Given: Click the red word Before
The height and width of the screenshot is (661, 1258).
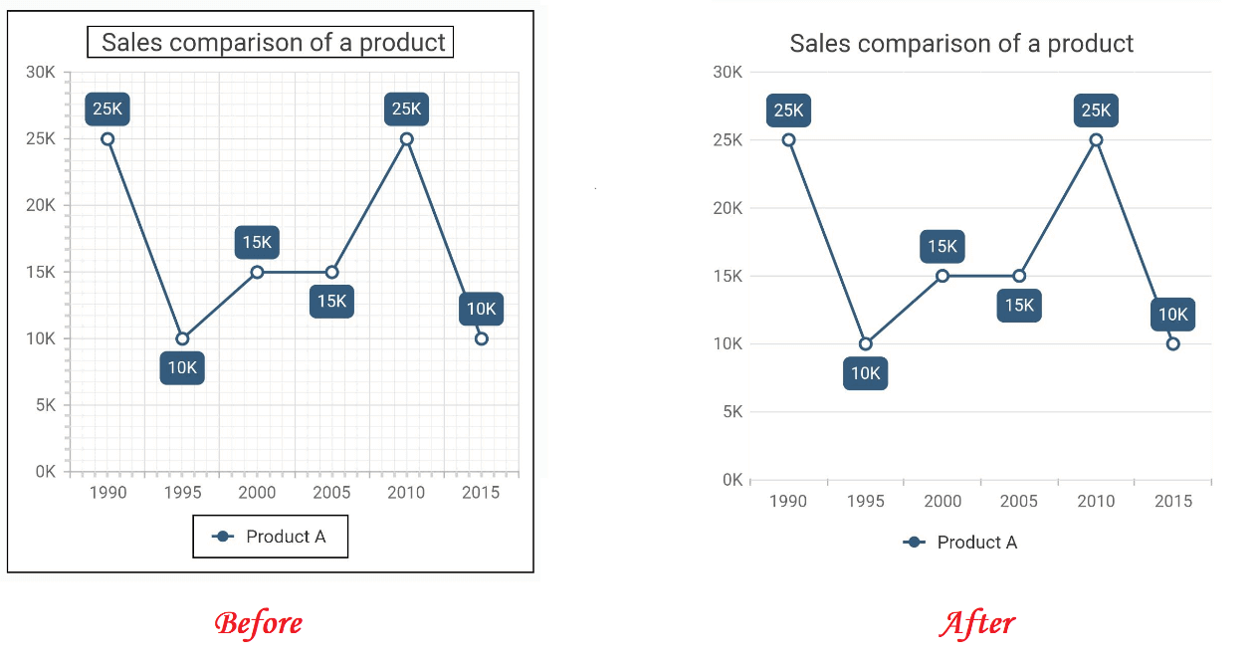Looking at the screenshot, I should [258, 623].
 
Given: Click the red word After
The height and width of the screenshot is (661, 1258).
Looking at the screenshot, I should [976, 623].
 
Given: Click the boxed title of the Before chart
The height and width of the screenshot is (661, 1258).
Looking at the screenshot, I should [271, 42].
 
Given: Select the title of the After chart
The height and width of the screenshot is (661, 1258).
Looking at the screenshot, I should [961, 44].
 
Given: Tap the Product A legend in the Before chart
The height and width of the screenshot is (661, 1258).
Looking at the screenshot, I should [271, 537].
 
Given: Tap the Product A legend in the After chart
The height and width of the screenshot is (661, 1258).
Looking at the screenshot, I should [960, 543].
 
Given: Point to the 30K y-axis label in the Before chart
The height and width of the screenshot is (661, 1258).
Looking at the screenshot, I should [41, 72].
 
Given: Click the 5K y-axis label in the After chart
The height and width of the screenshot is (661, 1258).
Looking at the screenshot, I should [732, 412].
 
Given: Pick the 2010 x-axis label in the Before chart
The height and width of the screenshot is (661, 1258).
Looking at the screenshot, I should [406, 492].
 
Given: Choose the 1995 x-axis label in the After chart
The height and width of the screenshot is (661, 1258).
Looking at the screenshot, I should [865, 501].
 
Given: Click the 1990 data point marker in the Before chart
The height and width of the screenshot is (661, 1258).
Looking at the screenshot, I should [107, 139].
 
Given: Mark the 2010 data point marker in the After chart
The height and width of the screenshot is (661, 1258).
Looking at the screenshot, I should [1096, 140].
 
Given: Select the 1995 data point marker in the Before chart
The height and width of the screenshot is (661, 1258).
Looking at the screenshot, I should [182, 338].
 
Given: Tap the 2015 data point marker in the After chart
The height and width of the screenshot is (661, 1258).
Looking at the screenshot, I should [1173, 343].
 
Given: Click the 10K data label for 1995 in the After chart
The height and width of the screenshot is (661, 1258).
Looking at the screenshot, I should [865, 374].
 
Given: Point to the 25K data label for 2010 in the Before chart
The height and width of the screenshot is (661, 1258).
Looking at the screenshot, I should [406, 110].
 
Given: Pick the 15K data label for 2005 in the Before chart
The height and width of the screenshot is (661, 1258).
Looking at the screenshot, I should [331, 301].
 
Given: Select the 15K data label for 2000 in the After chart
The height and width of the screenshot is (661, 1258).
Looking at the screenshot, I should [943, 247].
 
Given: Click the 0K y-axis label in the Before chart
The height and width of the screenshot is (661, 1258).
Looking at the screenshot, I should [45, 472].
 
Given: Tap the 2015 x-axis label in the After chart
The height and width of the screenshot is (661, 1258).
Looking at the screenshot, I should [1173, 501].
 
